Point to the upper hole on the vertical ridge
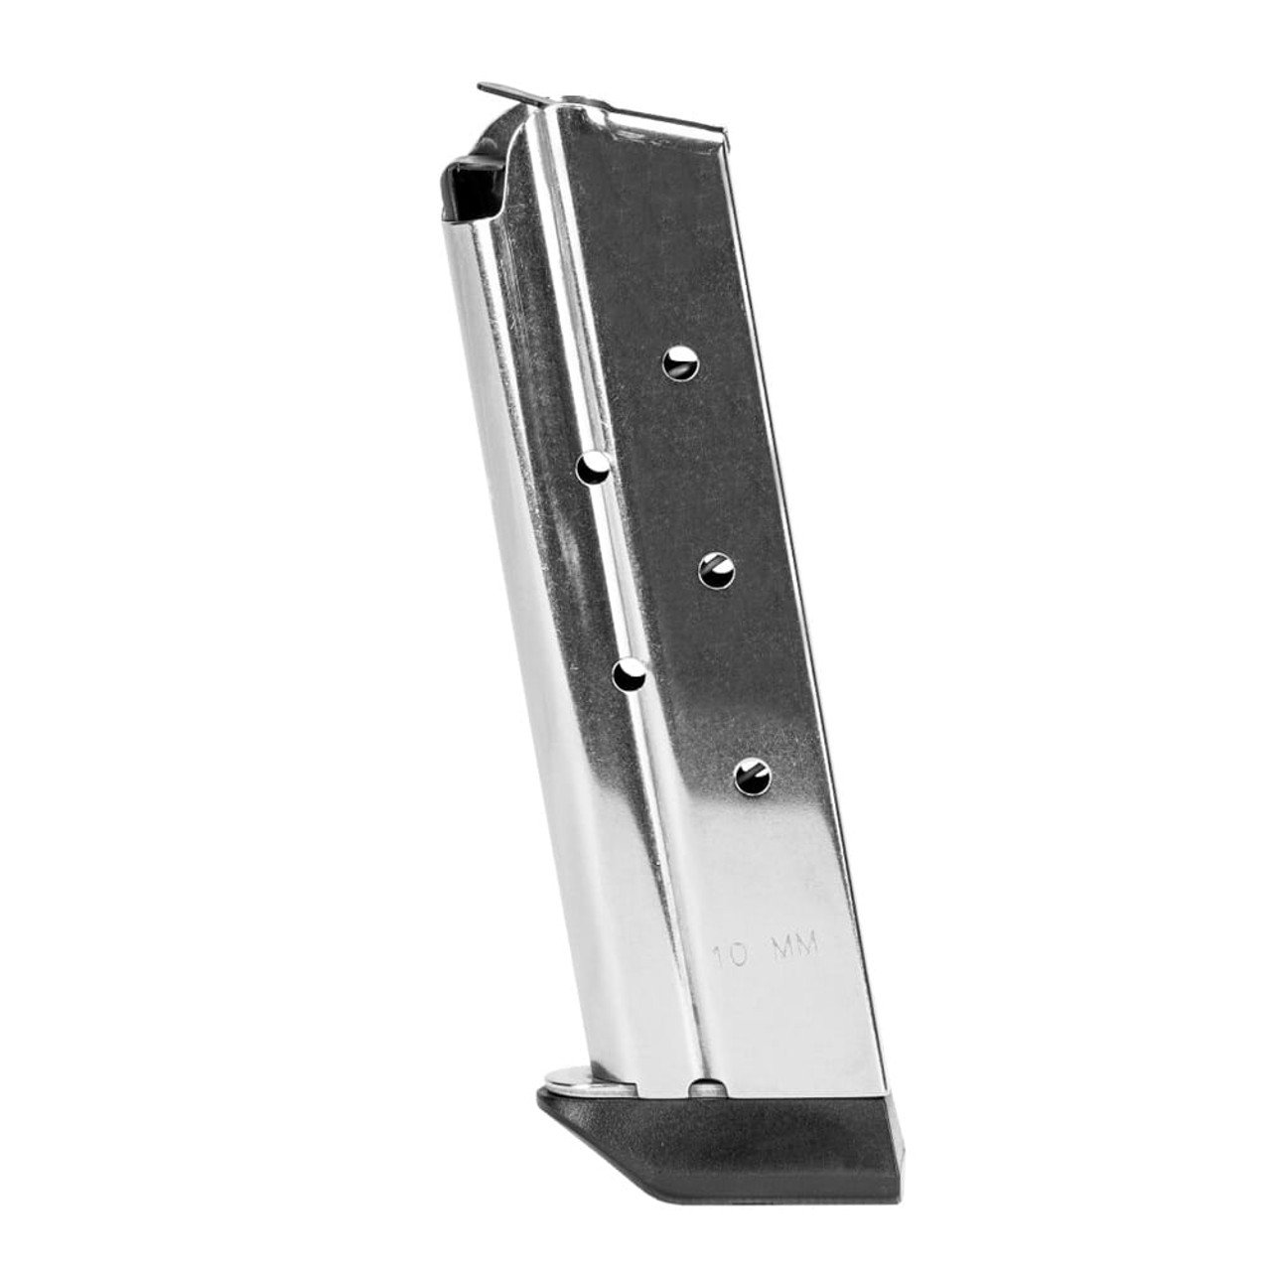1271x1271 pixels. [595, 467]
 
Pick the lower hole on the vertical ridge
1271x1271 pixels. [628, 675]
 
